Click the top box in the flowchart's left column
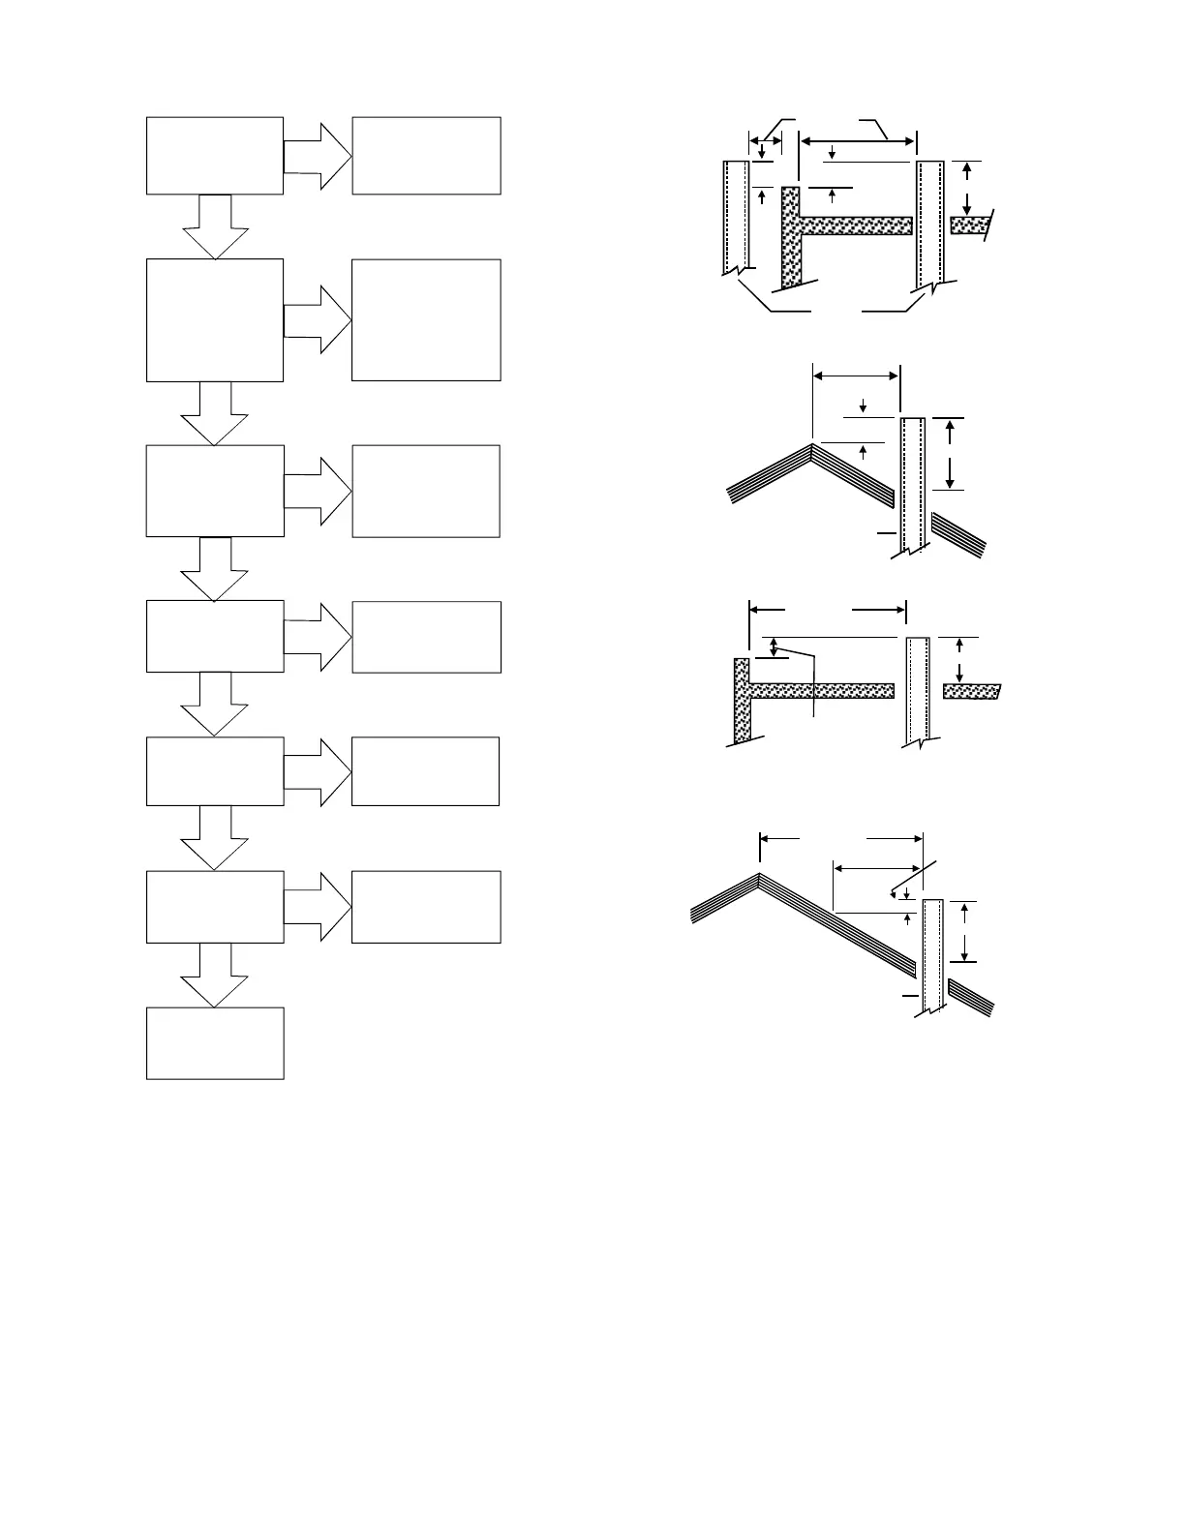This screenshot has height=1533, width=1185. tap(215, 156)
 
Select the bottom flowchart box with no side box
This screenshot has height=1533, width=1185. tap(215, 1043)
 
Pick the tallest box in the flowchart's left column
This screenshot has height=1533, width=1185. tap(215, 320)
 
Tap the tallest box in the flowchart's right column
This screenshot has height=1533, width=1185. tap(426, 320)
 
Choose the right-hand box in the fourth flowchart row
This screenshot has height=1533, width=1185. tap(426, 637)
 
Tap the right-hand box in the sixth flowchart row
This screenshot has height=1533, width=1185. tap(426, 907)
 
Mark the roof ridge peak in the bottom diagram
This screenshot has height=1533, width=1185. tap(759, 876)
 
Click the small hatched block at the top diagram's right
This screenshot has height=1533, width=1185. tap(968, 225)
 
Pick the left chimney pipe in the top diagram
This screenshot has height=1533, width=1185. tap(735, 218)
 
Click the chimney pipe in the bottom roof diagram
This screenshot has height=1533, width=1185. tap(933, 953)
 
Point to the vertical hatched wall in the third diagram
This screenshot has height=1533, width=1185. tap(742, 702)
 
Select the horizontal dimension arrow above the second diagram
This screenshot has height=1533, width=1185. tap(856, 376)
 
